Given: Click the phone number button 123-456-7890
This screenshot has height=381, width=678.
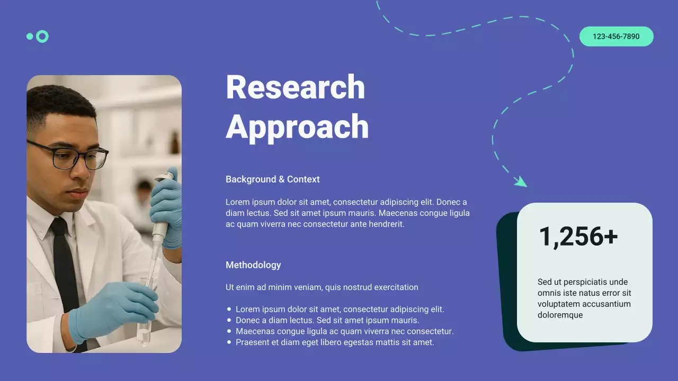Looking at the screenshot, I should tap(616, 37).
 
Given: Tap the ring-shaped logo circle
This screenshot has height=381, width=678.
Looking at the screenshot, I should tap(42, 37).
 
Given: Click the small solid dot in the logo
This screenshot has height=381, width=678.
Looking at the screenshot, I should tap(30, 37).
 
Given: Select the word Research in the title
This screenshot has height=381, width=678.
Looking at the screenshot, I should tap(295, 87).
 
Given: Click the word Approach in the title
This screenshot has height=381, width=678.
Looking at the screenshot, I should tap(297, 127).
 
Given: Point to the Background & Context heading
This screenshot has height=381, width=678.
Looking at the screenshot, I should tap(272, 179).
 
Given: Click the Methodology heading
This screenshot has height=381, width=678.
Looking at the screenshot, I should tap(253, 265).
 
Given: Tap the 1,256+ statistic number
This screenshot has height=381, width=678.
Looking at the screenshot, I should tap(578, 237).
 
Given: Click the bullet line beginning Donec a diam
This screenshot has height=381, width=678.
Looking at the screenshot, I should tap(327, 320).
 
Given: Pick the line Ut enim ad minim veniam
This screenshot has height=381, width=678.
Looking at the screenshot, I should tap(322, 287).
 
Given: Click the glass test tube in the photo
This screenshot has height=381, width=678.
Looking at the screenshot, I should tap(144, 312).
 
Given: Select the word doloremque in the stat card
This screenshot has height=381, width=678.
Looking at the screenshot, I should tap(560, 315).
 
